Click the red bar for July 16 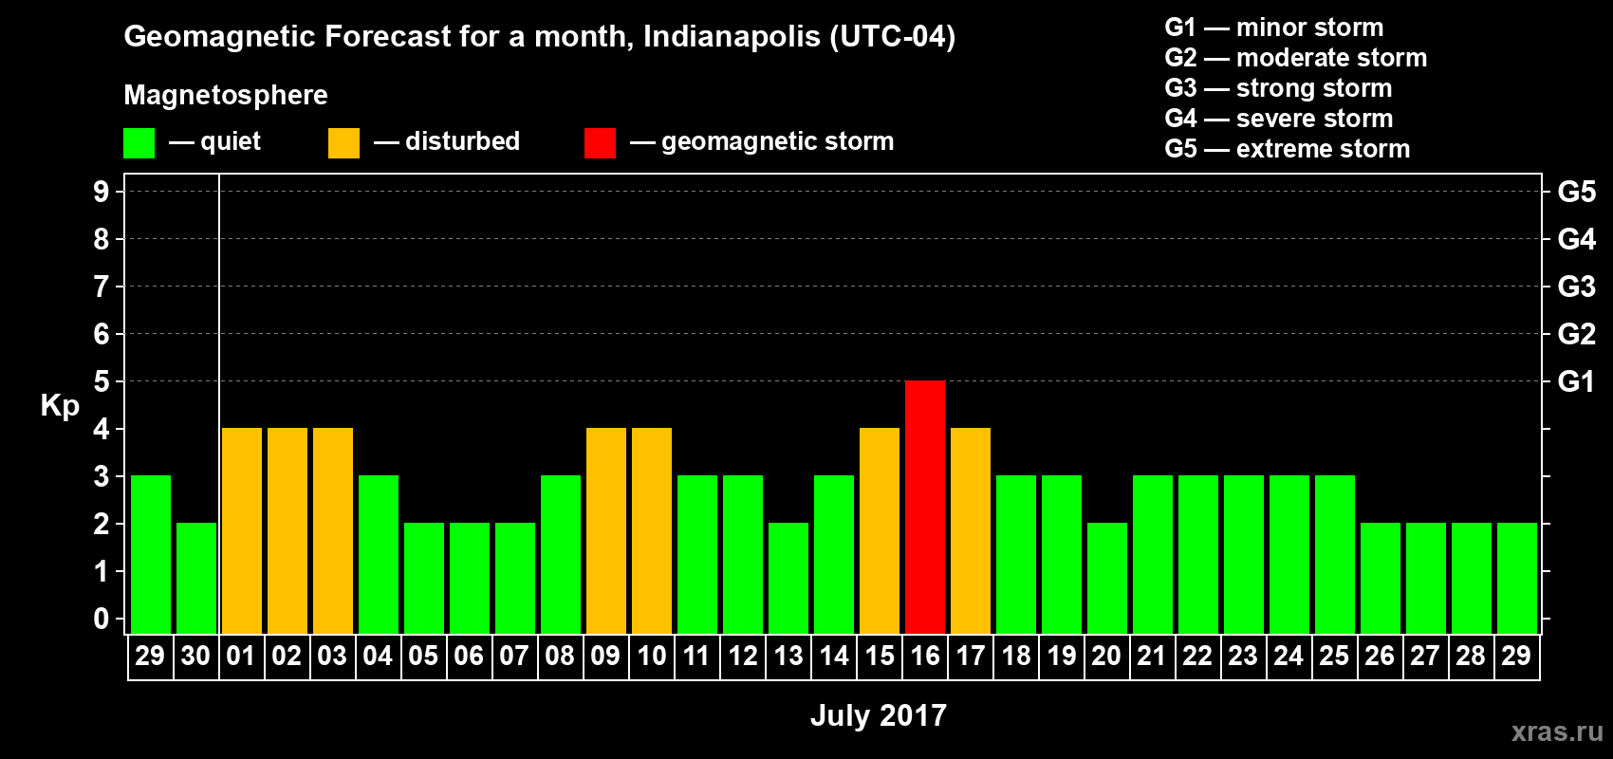925,507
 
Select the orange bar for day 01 242,530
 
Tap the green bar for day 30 196,578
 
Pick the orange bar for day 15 880,530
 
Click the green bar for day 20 1107,578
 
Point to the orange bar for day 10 652,530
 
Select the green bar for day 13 788,578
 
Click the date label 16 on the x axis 925,656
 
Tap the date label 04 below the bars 378,656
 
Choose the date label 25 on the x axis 1334,656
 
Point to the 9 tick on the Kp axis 102,192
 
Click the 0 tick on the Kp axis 102,619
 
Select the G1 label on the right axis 1576,381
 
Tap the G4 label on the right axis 1576,239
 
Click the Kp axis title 60,405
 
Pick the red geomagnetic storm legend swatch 600,143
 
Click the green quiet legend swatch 139,143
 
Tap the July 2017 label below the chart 879,715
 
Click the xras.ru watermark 1557,731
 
